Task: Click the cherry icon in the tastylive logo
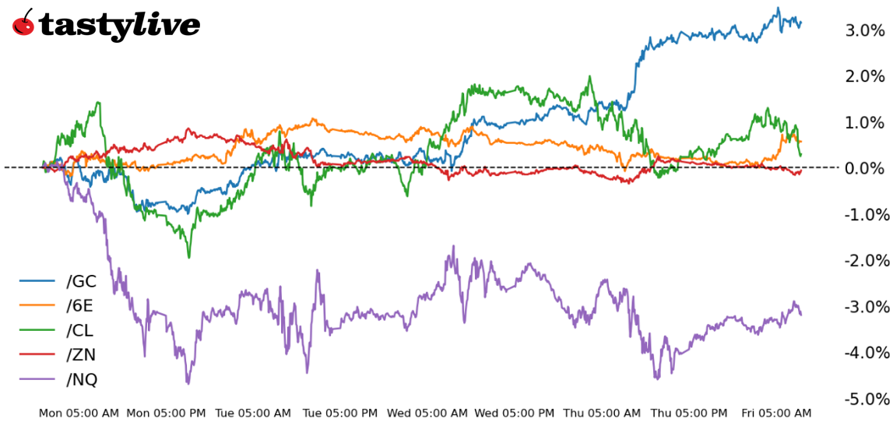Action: (x=24, y=23)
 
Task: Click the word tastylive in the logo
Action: (x=119, y=26)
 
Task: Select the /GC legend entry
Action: (x=81, y=281)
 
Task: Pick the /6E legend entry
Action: (x=81, y=305)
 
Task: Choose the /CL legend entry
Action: (x=81, y=329)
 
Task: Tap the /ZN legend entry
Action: (x=81, y=354)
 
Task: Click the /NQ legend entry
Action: (x=82, y=379)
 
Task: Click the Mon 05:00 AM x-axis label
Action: (x=79, y=413)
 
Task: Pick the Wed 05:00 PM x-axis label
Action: (x=515, y=413)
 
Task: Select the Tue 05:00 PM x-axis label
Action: (x=340, y=413)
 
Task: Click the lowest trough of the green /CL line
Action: (x=188, y=257)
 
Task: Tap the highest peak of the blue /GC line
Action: (x=777, y=9)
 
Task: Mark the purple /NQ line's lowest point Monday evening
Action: (x=188, y=383)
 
